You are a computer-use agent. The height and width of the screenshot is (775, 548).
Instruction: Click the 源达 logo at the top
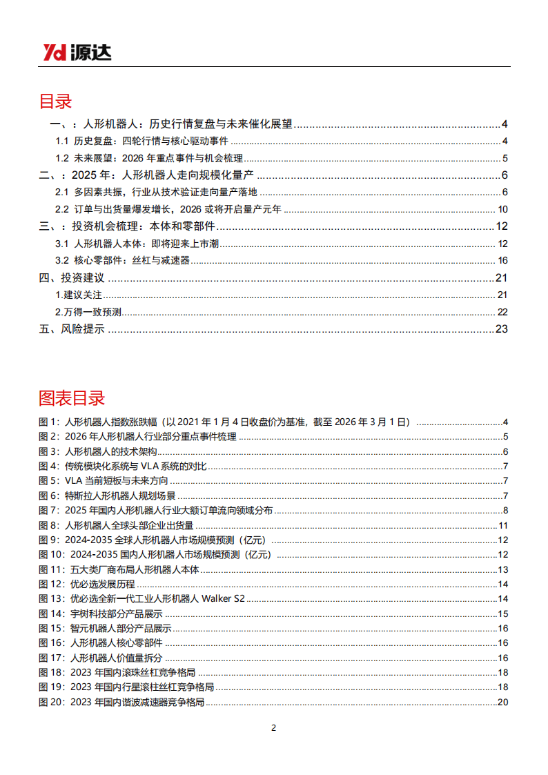[x=77, y=52]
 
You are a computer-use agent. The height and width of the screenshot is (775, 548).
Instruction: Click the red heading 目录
[x=55, y=101]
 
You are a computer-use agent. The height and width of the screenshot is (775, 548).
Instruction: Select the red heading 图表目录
[x=72, y=398]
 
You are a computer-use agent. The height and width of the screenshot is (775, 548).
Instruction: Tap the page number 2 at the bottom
[x=273, y=728]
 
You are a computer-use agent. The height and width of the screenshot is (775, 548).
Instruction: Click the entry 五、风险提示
[x=72, y=329]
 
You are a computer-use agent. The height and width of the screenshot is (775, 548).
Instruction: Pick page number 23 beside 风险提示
[x=502, y=329]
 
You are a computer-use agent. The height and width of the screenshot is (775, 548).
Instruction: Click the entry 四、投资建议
[x=72, y=278]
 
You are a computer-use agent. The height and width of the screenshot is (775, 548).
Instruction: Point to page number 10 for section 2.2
[x=502, y=210]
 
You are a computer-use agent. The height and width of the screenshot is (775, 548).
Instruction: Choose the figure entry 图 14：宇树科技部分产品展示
[x=107, y=614]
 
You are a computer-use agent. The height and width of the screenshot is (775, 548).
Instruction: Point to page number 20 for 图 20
[x=502, y=703]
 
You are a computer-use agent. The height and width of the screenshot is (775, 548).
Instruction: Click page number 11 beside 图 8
[x=503, y=525]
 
